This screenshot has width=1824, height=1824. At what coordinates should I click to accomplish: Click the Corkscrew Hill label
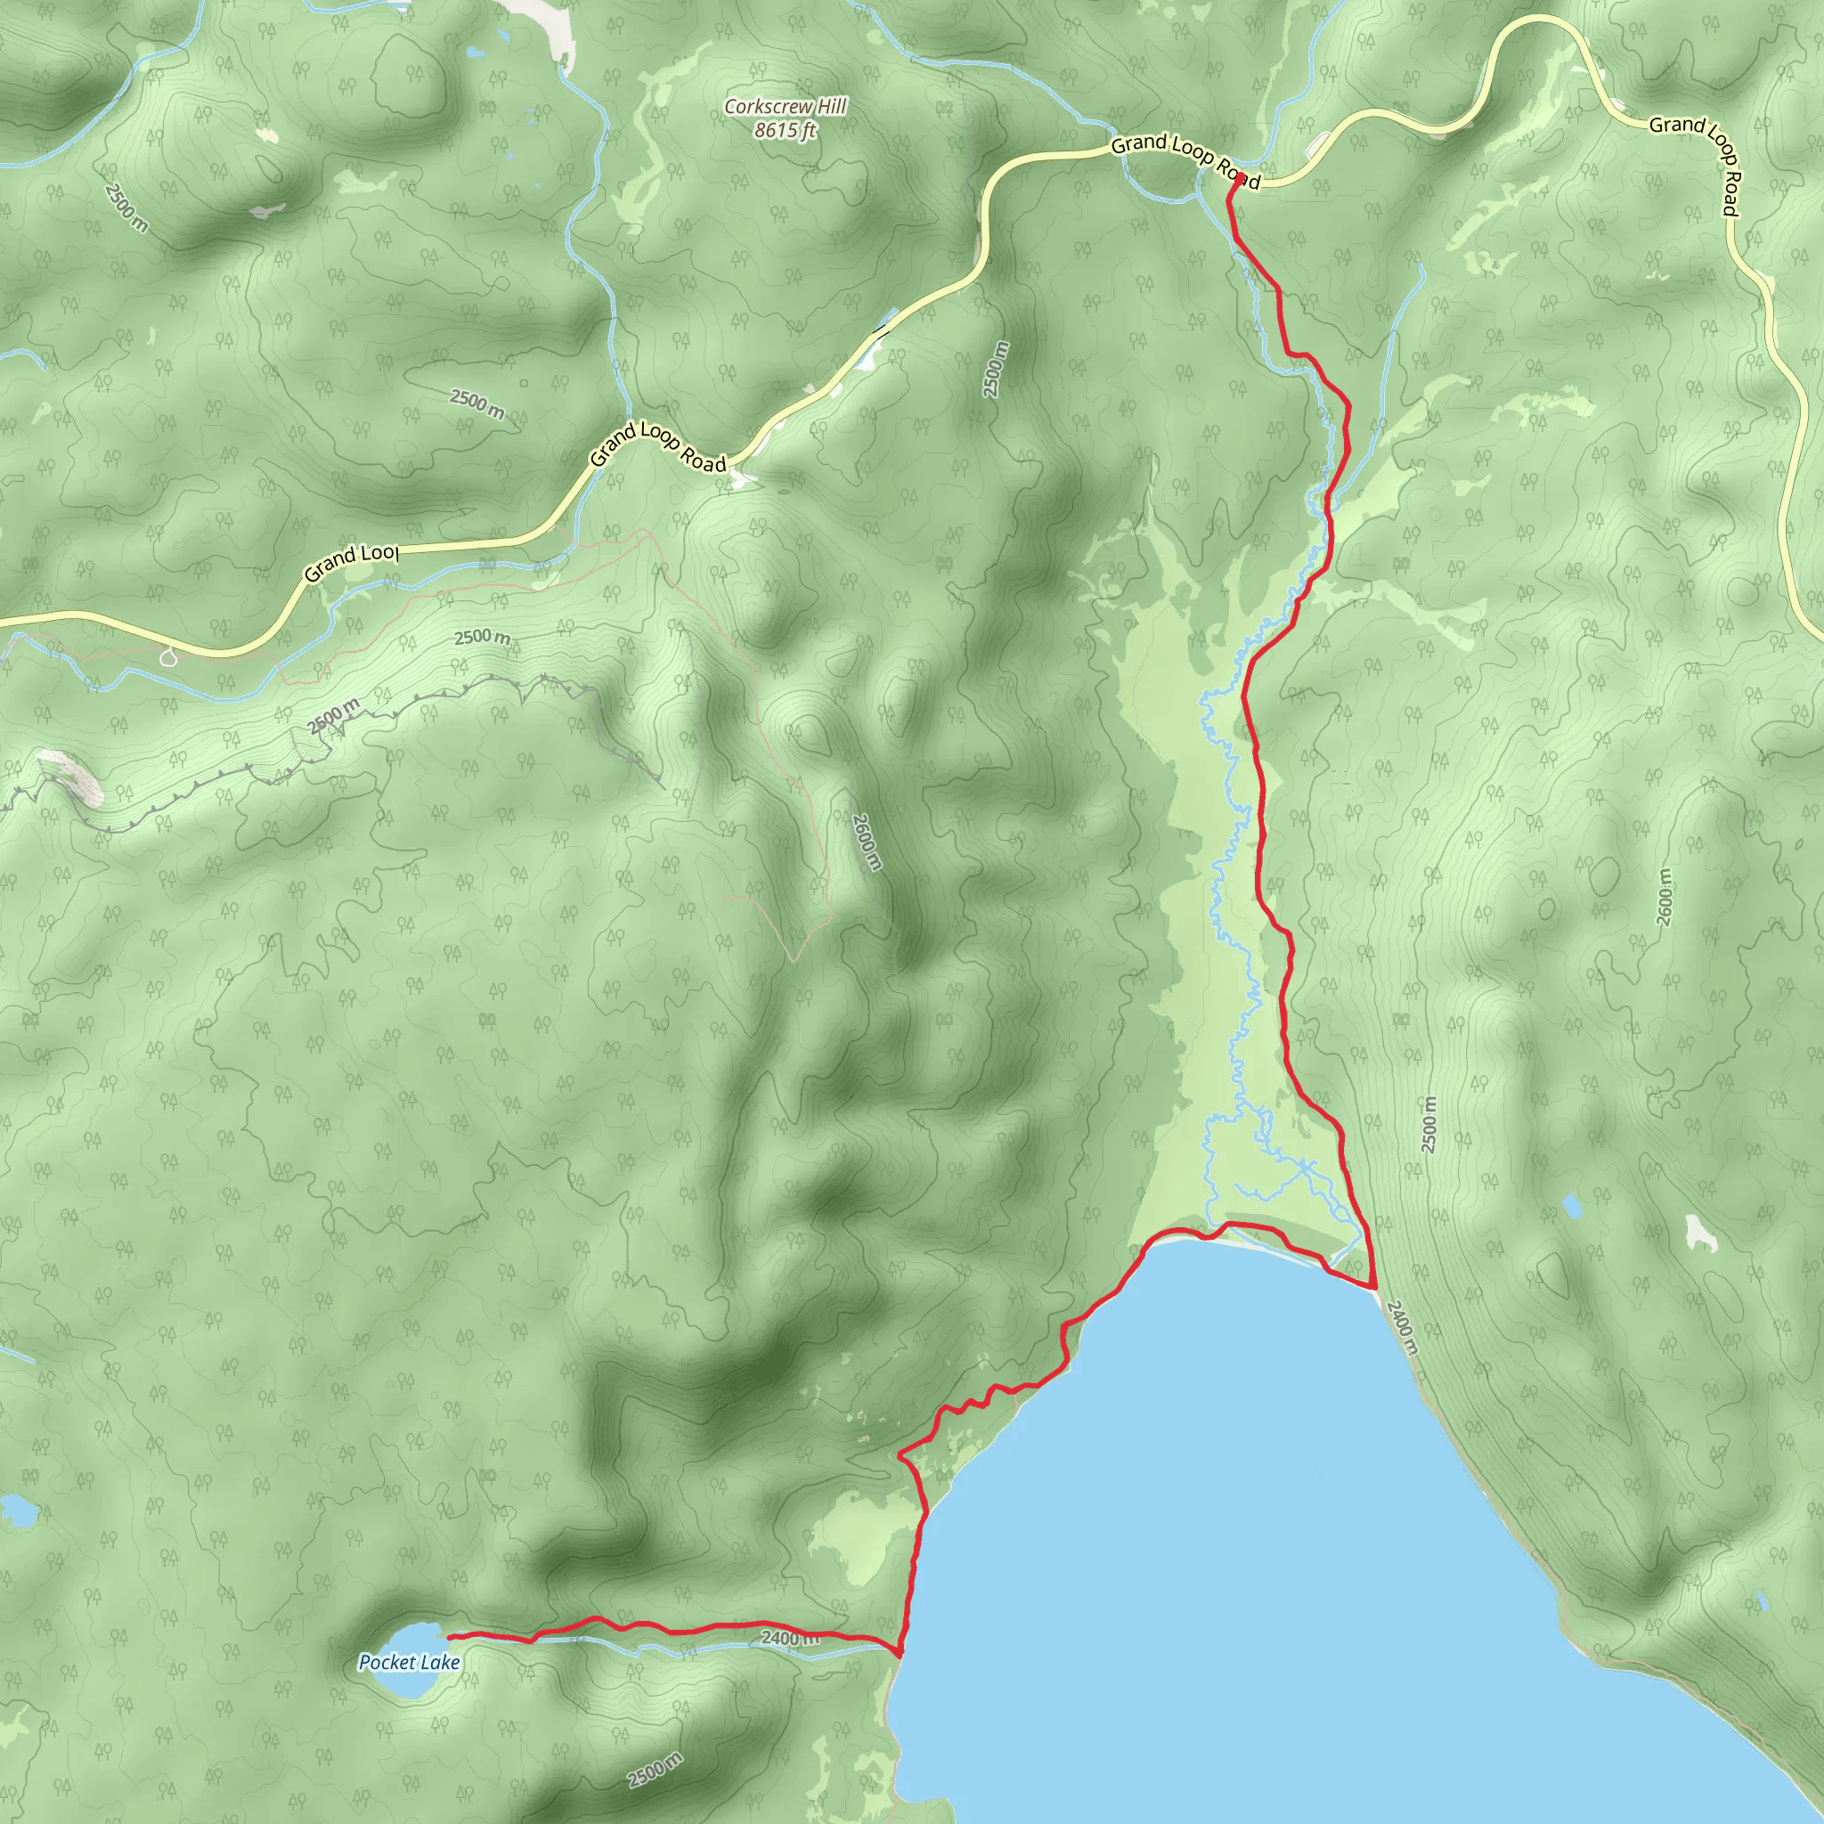click(785, 107)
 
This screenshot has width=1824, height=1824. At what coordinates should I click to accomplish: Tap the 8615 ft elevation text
click(785, 130)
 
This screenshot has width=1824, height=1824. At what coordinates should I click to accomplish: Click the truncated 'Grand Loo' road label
click(351, 562)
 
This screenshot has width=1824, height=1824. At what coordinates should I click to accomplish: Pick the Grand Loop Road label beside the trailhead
click(1185, 159)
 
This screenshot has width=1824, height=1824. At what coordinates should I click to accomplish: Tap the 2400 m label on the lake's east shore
click(1403, 1326)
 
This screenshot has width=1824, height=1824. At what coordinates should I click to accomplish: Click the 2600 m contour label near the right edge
click(1664, 897)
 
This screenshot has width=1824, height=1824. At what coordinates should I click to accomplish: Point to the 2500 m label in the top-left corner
click(126, 207)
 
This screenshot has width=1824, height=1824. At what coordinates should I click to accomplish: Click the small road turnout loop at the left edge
click(168, 656)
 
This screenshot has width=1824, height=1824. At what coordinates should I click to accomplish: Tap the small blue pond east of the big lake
click(1572, 1206)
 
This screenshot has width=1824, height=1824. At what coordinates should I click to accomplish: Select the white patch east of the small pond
click(1701, 1231)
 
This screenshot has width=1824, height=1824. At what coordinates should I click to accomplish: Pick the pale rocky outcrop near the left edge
click(71, 776)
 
